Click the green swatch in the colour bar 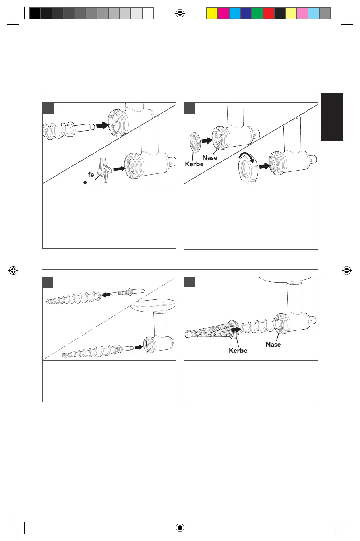(x=257, y=14)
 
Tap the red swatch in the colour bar (x=268, y=14)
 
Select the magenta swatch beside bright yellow (x=223, y=14)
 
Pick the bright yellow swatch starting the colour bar (x=212, y=14)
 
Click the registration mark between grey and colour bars (x=180, y=14)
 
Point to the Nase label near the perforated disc (x=210, y=158)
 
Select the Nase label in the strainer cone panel (x=273, y=345)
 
